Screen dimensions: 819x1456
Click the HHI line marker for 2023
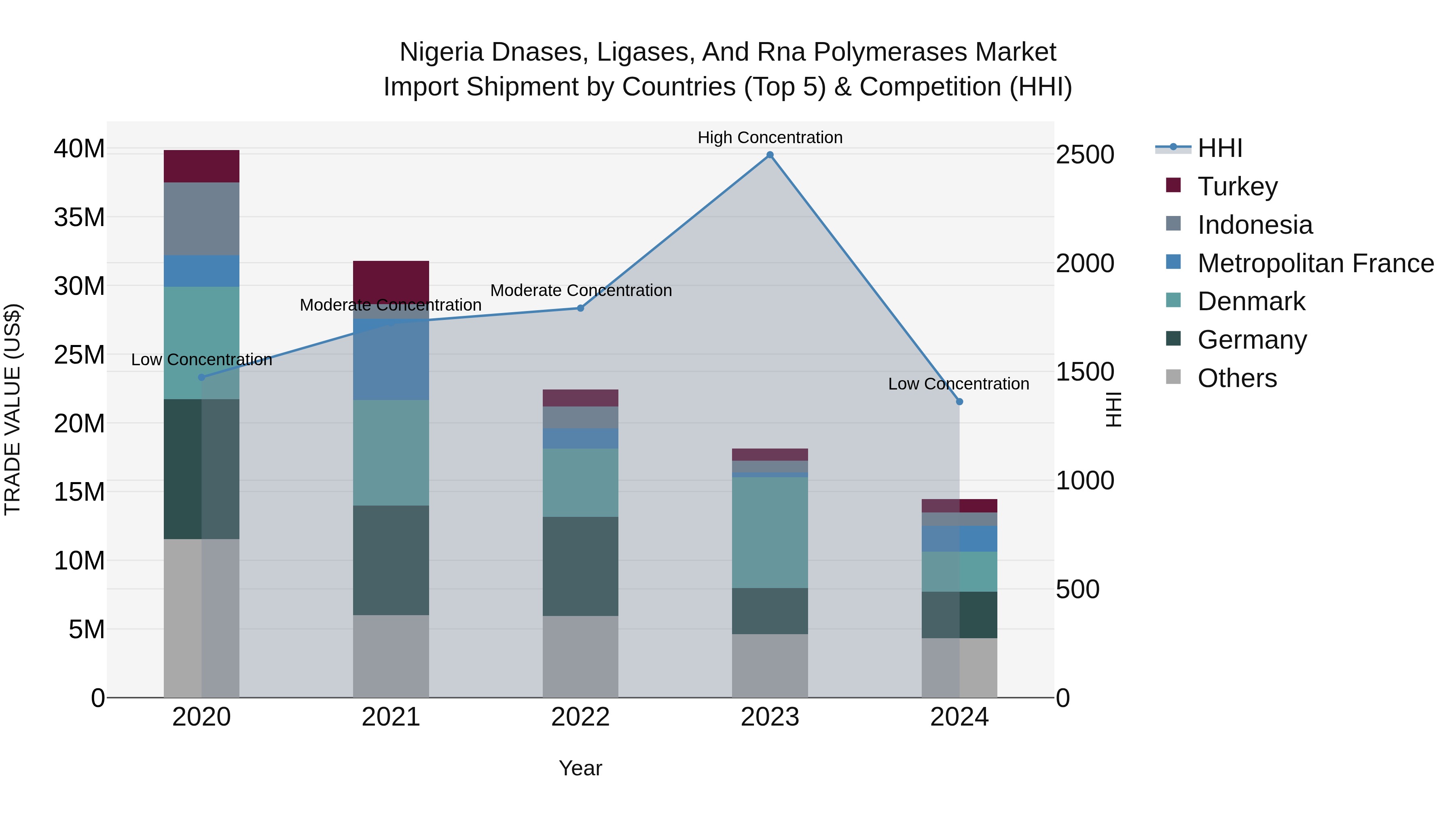[770, 155]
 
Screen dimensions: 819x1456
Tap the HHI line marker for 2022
[580, 308]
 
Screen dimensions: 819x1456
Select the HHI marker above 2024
[959, 402]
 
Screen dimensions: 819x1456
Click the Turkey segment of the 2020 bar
[201, 166]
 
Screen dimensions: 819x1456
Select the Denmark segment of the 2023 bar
[770, 532]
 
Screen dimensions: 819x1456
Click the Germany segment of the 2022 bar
[580, 566]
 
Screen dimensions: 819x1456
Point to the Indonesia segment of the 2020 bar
[201, 219]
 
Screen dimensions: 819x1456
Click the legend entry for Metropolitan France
[1315, 263]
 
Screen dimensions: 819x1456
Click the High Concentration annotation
[770, 138]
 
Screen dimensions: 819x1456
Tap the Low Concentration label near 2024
[958, 384]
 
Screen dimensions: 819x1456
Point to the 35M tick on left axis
[79, 218]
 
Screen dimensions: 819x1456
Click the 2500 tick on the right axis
[1085, 155]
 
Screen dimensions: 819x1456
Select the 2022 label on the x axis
[580, 717]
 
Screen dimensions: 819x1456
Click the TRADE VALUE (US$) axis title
[13, 409]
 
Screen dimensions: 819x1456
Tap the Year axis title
[580, 768]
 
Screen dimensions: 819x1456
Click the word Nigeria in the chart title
[441, 52]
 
